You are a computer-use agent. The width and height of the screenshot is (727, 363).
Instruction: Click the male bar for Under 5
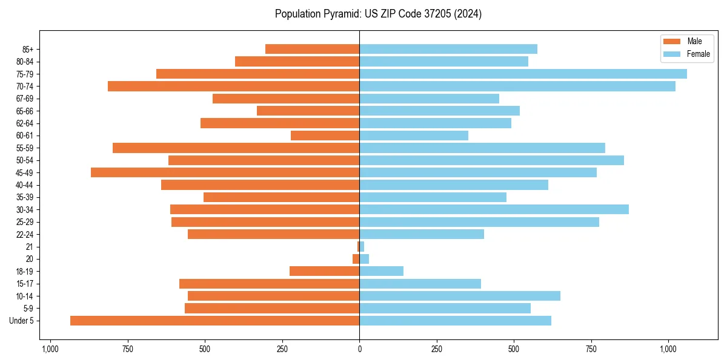tap(214, 321)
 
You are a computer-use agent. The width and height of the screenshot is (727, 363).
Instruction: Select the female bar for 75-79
tap(523, 74)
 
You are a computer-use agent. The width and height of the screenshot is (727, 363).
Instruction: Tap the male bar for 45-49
tap(225, 172)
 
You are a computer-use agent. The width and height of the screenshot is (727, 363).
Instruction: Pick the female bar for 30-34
tap(494, 209)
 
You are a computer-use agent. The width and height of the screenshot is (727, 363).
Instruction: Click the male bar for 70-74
tap(233, 86)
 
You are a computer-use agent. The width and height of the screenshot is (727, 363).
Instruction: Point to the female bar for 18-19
tap(381, 271)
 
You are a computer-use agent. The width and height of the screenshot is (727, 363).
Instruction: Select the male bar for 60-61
tap(325, 136)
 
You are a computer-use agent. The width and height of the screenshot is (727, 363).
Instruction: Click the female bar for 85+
tap(448, 49)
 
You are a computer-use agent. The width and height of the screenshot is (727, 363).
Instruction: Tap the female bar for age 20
tap(364, 259)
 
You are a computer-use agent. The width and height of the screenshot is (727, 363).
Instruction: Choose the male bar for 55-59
tap(236, 148)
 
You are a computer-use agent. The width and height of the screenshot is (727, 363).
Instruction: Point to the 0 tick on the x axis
tap(359, 349)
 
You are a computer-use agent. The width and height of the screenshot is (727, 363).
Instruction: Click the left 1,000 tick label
tap(50, 349)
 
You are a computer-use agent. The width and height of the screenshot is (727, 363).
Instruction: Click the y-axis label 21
tap(30, 247)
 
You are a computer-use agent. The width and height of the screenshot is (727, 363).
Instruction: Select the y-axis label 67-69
tap(25, 99)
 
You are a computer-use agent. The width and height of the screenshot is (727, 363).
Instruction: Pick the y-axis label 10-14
tap(25, 296)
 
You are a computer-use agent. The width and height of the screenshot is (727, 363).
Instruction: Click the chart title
tap(378, 14)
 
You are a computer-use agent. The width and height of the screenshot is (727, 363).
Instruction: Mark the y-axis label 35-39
tap(25, 197)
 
